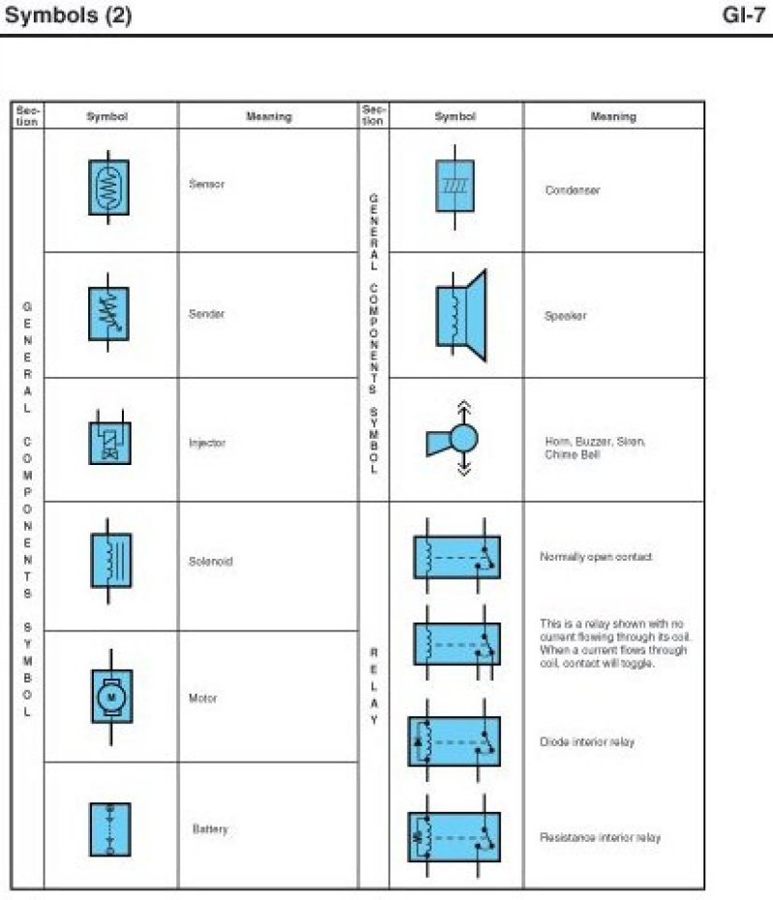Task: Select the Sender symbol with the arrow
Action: [x=109, y=313]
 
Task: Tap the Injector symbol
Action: [x=109, y=441]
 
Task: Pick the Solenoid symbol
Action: [x=109, y=561]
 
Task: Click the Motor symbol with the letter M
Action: [x=110, y=696]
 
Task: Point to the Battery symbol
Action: [x=109, y=828]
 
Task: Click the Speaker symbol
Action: [x=459, y=314]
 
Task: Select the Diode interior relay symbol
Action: [x=454, y=741]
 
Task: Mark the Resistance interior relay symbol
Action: [x=454, y=836]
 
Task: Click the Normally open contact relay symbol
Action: [x=457, y=557]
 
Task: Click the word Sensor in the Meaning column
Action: [x=206, y=184]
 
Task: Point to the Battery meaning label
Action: [x=210, y=829]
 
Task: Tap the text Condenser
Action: [x=572, y=190]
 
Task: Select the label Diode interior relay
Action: [x=587, y=742]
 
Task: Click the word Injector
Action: [x=207, y=443]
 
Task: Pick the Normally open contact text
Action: [x=595, y=557]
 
